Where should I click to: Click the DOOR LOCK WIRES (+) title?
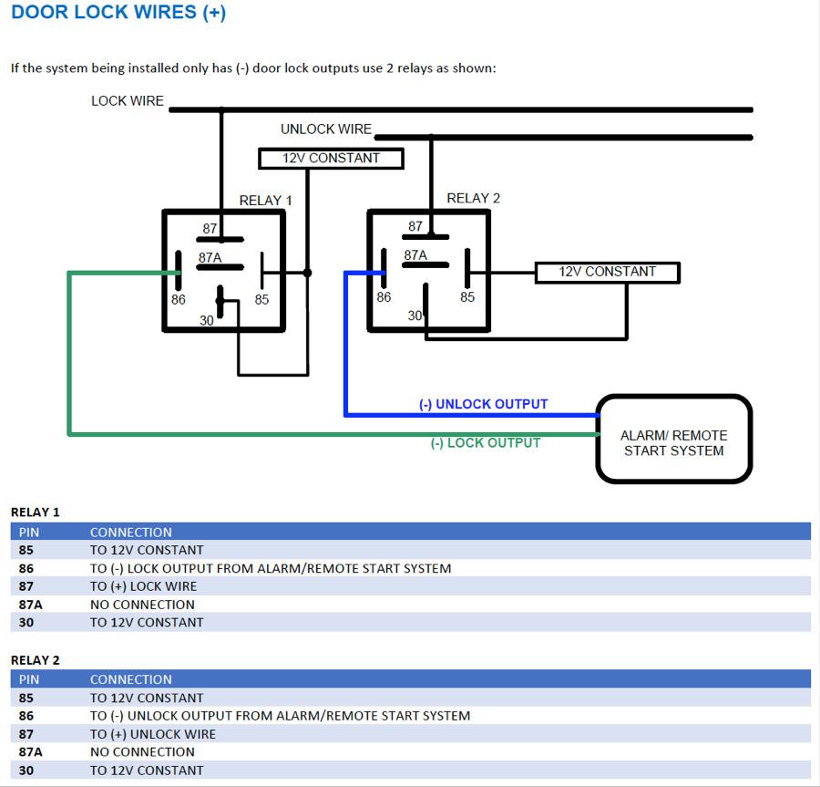coord(118,12)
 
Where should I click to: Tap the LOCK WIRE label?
coord(127,100)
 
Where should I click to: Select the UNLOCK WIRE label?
coord(326,129)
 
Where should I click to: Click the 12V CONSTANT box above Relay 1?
coord(331,159)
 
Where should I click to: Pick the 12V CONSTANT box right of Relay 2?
coord(607,272)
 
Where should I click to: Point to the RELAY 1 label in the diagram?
coord(265,201)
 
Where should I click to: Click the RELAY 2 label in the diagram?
coord(473,198)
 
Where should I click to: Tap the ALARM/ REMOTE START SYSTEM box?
coord(674,439)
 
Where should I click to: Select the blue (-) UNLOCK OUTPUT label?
coord(483,404)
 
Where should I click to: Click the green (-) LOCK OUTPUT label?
coord(486,443)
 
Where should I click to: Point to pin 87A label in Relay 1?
coord(210,257)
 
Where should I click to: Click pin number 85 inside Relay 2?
coord(467,297)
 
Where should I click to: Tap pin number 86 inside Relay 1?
coord(179,299)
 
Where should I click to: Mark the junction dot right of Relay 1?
coord(308,273)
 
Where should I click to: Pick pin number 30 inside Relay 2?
coord(415,316)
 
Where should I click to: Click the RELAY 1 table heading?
coord(35,513)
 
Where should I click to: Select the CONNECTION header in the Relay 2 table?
coord(130,679)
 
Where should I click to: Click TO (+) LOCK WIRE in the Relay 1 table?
coord(143,586)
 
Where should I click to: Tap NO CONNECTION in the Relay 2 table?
coord(142,752)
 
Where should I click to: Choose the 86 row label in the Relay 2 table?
coord(26,716)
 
